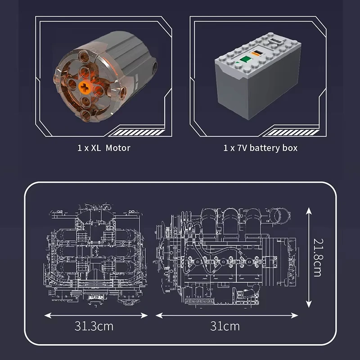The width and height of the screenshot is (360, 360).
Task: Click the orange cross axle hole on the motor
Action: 85,87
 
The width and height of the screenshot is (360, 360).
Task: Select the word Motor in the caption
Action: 118,148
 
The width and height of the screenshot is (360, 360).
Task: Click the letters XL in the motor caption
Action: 96,148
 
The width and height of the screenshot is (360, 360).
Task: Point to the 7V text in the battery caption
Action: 242,148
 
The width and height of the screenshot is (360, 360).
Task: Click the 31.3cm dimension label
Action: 94,326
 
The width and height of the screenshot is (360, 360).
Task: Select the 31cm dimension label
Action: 225,326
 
